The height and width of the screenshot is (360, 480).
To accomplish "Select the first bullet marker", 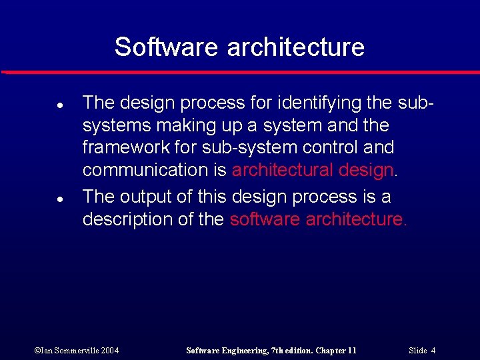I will pyautogui.click(x=41, y=105).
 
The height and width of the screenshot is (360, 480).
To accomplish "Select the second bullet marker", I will pyautogui.click(x=41, y=199).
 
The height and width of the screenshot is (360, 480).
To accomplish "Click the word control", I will pyautogui.click(x=315, y=147).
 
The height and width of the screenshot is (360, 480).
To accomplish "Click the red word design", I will pyautogui.click(x=366, y=170).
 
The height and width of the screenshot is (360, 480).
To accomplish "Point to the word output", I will pyautogui.click(x=147, y=197).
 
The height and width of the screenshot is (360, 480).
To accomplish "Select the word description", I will pyautogui.click(x=127, y=219).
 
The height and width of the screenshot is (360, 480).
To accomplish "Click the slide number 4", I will pyautogui.click(x=433, y=350).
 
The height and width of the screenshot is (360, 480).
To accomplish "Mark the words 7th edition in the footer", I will pyautogui.click(x=285, y=350).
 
